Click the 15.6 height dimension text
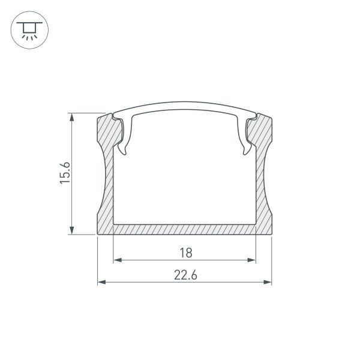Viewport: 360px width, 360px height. (65, 173)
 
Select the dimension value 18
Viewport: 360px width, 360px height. (185, 253)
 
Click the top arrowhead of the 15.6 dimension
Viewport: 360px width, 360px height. (73, 116)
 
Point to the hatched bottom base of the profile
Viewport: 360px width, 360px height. (185, 229)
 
